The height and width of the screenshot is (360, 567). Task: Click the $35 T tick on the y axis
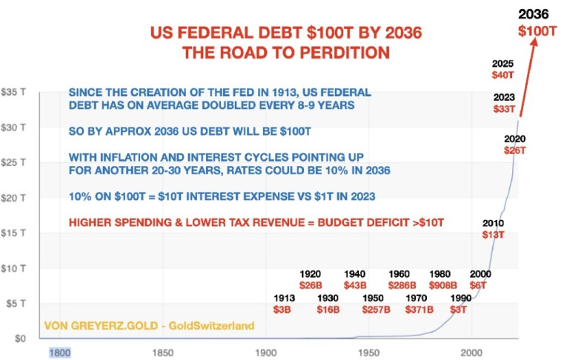coord(14,92)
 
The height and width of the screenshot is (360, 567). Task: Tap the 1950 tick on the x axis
coord(368,352)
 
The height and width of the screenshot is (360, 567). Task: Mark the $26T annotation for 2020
coord(514,150)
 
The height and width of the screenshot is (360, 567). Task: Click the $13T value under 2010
coord(493,234)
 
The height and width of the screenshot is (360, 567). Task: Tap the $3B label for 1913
coord(284,310)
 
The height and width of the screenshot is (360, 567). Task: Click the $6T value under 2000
coord(480,285)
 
